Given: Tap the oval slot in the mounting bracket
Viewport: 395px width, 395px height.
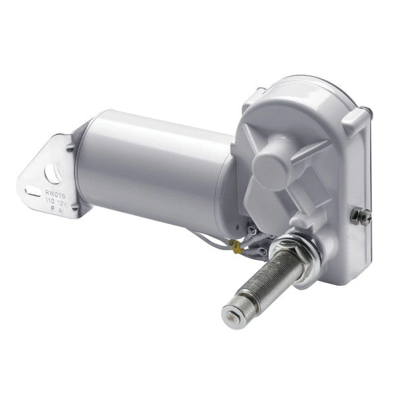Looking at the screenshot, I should pos(32,192).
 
